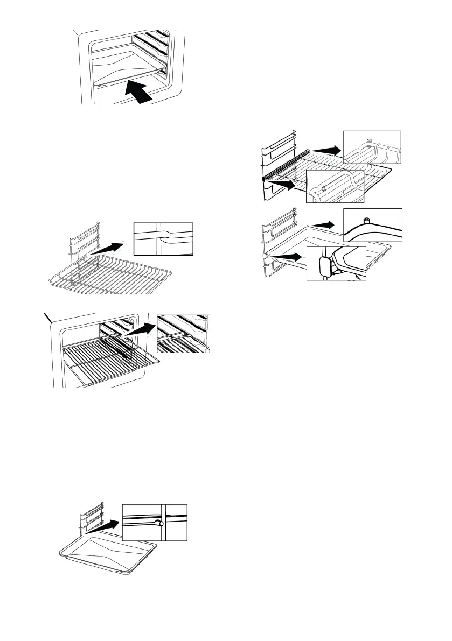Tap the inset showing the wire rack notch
coord(163,238)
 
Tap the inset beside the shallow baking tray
coord(155,522)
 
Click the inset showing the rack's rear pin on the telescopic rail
coord(372,147)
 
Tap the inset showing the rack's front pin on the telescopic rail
coord(335,186)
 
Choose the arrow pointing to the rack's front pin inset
coord(282,185)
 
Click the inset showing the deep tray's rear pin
coord(372,226)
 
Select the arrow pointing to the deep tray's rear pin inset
coord(325,223)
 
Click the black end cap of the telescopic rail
coord(264,178)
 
